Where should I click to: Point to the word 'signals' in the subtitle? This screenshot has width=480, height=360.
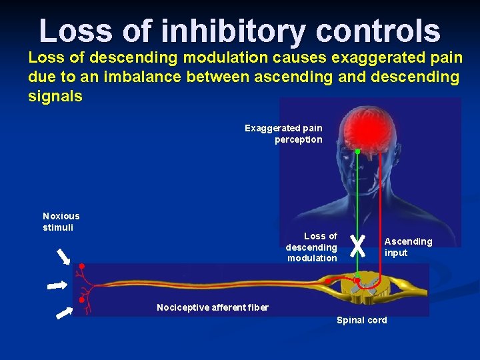coord(55,96)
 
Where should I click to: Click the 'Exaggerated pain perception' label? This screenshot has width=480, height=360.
coord(284,133)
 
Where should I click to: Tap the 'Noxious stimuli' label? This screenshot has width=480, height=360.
coord(61,221)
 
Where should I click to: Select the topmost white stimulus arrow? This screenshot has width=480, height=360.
coord(64,256)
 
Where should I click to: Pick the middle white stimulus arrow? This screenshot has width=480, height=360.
coord(57,285)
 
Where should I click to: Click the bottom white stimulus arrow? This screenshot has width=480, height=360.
coord(64,311)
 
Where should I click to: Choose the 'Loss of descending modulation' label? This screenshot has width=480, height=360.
coord(312,247)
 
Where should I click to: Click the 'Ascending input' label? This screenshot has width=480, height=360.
coord(408,247)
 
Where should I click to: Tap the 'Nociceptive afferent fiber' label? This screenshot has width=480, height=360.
coord(213,307)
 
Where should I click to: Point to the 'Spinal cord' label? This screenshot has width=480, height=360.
coord(361,320)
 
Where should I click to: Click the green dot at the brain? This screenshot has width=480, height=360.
coord(357,152)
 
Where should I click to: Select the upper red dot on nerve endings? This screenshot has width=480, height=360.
coord(82,267)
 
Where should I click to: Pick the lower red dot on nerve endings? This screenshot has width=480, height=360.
coord(81,300)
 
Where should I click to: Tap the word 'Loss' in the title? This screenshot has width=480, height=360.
coord(74,31)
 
